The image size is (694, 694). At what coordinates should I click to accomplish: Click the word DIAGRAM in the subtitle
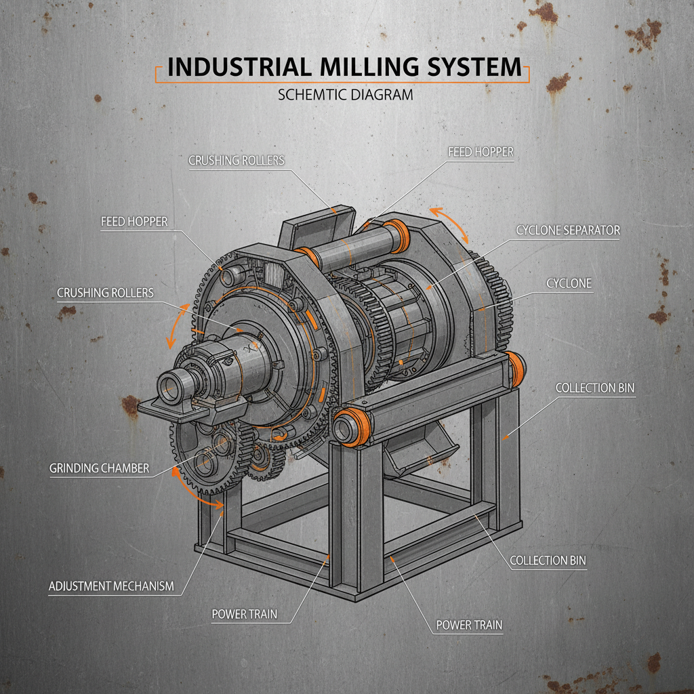click(x=382, y=95)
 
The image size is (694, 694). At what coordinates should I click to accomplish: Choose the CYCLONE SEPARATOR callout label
click(x=568, y=230)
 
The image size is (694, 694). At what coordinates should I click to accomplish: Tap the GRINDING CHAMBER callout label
click(x=99, y=468)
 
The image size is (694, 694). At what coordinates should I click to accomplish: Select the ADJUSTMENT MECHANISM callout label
click(x=111, y=586)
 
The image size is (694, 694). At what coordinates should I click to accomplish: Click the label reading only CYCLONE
click(x=569, y=284)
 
